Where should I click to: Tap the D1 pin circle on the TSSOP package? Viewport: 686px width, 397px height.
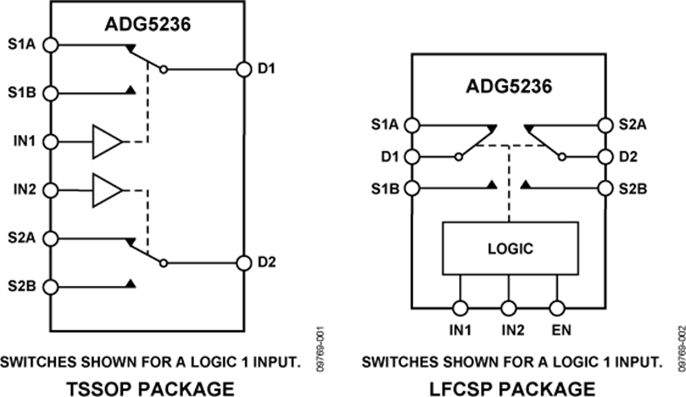[x=244, y=69]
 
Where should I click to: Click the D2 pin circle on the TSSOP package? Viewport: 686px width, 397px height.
[x=244, y=263]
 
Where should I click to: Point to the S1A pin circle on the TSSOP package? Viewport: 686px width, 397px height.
[x=50, y=45]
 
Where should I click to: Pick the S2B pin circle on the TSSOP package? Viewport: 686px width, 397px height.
[x=50, y=287]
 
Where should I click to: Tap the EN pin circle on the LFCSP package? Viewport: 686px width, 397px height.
[x=558, y=308]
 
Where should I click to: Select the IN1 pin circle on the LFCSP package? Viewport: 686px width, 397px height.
[x=460, y=308]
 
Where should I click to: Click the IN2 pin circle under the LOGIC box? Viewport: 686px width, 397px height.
[x=509, y=308]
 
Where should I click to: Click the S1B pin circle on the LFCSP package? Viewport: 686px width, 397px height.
[x=412, y=188]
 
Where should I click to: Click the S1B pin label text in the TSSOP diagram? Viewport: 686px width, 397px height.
[x=21, y=93]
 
